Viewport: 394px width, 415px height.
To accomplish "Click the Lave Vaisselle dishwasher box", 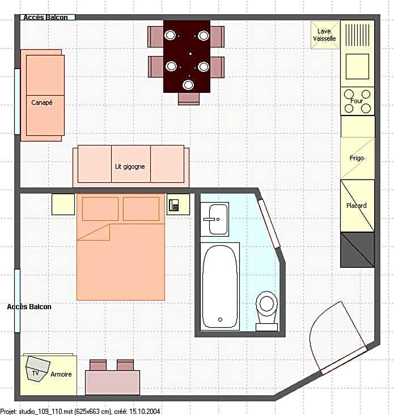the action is click(325, 35).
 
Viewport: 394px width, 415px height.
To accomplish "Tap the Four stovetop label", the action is click(357, 101).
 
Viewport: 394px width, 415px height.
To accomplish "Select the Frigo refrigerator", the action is click(358, 158).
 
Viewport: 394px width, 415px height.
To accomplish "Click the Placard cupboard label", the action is click(357, 206).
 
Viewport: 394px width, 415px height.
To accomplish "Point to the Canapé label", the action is click(42, 102).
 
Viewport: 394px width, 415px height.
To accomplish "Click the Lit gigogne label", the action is click(130, 166).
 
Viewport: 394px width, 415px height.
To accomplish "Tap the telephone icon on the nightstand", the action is click(174, 205).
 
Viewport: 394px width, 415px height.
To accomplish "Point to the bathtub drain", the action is click(220, 319).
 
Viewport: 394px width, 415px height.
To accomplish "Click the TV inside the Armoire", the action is click(37, 369).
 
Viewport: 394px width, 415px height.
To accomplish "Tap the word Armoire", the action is click(61, 374).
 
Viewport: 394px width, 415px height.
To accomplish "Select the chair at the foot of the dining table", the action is click(189, 99).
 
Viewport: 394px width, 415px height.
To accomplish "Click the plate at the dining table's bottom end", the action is click(188, 85).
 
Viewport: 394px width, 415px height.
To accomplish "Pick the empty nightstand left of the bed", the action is click(63, 204).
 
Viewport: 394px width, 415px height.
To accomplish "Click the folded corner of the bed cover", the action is click(94, 232).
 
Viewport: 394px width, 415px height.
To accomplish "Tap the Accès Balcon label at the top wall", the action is click(45, 18).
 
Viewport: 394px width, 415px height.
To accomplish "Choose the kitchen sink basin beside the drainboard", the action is click(357, 66).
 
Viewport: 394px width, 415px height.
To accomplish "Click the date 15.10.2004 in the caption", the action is click(145, 411).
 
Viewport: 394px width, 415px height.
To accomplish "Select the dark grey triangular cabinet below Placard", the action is click(358, 250).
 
